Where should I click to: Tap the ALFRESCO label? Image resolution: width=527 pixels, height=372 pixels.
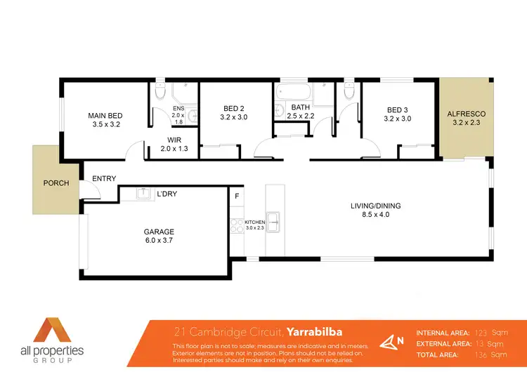(467, 113)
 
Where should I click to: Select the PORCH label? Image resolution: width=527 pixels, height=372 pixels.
(56, 183)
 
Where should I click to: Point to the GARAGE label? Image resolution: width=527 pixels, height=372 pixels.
(160, 232)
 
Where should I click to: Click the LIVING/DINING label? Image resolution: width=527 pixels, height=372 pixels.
(376, 206)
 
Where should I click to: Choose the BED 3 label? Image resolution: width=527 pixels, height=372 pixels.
(398, 109)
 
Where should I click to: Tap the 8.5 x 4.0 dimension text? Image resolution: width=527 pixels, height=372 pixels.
(376, 215)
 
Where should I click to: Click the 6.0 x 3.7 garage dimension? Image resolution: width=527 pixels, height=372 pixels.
(160, 241)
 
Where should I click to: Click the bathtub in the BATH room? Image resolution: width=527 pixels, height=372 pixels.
(294, 91)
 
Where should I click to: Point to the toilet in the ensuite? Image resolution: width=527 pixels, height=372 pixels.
(160, 91)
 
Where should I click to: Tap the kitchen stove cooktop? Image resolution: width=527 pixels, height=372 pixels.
(236, 226)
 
